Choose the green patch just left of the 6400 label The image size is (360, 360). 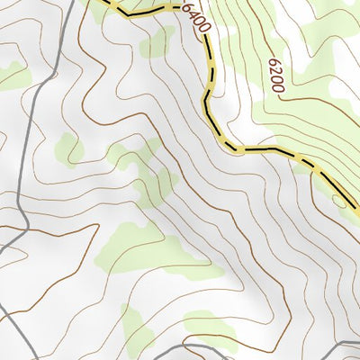pos(158,40)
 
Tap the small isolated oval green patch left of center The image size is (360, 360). pos(68,149)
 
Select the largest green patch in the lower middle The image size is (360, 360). pos(144,247)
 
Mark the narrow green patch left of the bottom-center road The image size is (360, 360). pos(135,328)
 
